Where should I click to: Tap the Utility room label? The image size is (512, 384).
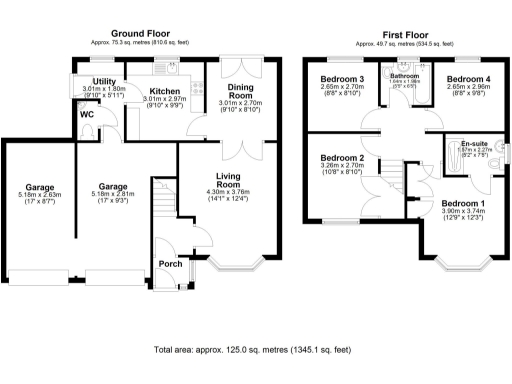[x=104, y=81]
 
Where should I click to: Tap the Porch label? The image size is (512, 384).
[x=169, y=265]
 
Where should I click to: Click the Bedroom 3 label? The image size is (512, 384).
[x=342, y=79]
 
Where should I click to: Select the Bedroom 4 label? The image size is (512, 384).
[x=467, y=79]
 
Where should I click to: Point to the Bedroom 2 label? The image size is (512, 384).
[x=341, y=158]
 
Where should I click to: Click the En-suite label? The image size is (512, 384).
[x=476, y=144]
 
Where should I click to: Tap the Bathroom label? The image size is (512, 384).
[x=405, y=76]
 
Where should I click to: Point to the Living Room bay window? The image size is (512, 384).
[x=234, y=267]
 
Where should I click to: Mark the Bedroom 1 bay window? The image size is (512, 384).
[x=463, y=267]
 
